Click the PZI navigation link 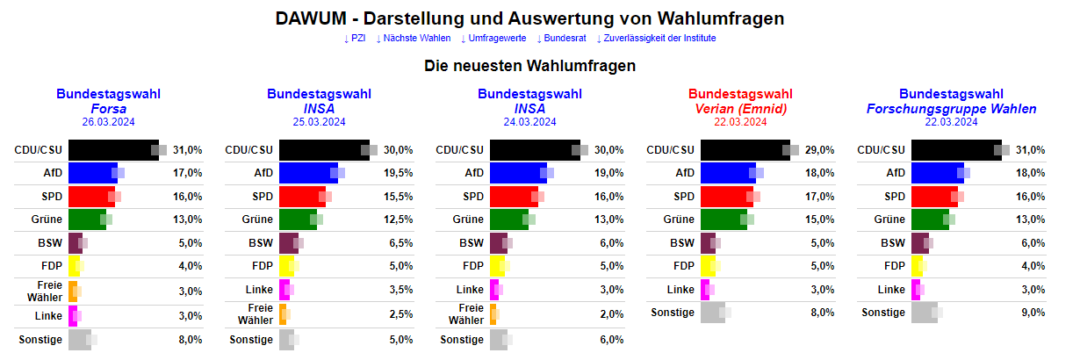coord(355,39)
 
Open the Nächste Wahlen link coord(414,39)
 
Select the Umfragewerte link coord(493,39)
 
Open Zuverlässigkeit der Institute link coord(656,39)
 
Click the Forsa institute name coord(109,109)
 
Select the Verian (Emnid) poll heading coord(740,109)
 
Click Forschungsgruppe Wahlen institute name coord(952,109)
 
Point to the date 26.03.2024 coord(109,122)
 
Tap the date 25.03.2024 coord(320,122)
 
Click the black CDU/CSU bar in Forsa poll coord(112,150)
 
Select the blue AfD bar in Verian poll coord(727,173)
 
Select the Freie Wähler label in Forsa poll coord(49,291)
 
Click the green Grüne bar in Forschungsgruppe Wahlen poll coord(932,220)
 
